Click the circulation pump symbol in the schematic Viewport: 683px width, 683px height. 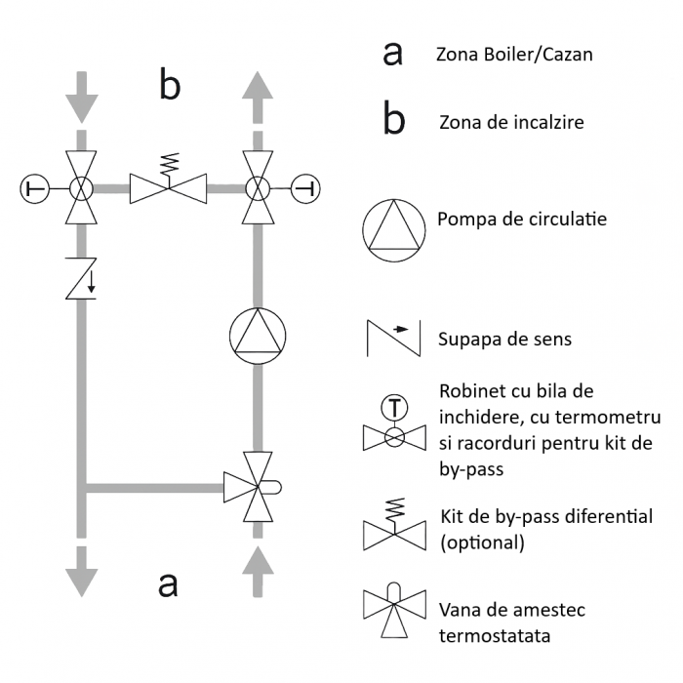[x=260, y=335]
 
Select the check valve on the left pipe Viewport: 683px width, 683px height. [x=81, y=278]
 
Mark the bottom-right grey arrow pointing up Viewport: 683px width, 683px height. [x=259, y=571]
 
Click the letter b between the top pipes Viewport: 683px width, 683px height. [x=170, y=86]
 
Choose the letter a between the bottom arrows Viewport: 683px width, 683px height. [x=169, y=583]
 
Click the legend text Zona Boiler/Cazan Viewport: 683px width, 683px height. [x=514, y=55]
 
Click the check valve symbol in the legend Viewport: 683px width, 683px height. [x=393, y=338]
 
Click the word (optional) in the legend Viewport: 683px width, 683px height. [x=482, y=542]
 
